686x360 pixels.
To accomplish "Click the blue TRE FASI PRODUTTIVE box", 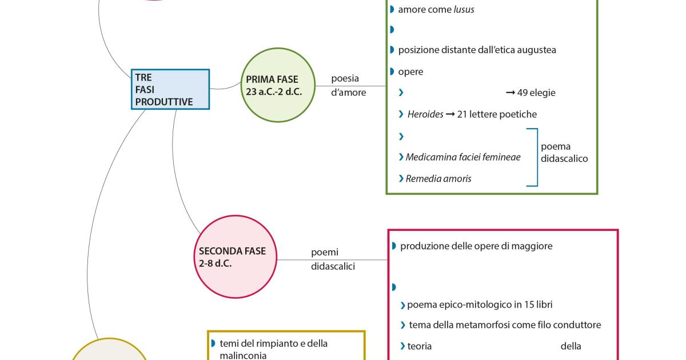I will point(170,89).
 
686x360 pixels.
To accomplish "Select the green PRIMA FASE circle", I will point(278,85).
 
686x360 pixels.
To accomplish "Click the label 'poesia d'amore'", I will point(348,86).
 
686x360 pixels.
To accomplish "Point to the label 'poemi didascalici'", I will point(333,259).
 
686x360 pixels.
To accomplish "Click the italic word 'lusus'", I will point(464,10).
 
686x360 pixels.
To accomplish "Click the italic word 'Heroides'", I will point(425,114).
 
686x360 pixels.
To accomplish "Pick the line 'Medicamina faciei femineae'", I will point(463,157).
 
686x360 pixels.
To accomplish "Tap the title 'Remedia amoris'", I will point(438,178).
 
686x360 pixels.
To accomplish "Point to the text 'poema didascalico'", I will point(564,153).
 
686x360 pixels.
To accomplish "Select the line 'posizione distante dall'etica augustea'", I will point(477,50).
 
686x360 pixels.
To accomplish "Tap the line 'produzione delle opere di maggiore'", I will point(476,246).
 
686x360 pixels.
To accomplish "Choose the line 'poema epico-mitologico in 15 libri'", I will point(480,304).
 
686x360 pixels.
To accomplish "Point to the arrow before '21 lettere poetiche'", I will point(450,114).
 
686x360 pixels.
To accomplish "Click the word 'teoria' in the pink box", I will point(420,346).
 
